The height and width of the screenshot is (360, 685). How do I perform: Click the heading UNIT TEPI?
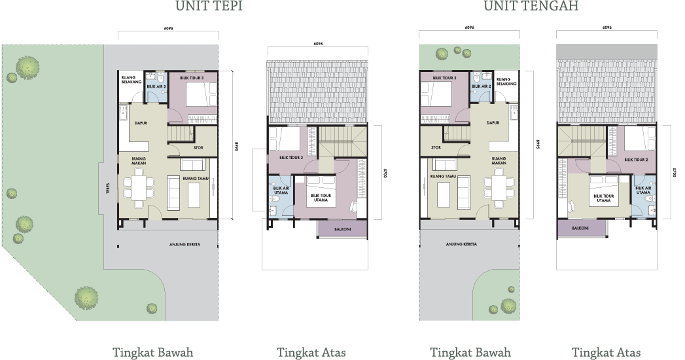click(209, 7)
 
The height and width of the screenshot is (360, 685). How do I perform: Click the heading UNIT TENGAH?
click(531, 7)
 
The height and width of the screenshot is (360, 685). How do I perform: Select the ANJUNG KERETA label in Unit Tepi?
click(184, 244)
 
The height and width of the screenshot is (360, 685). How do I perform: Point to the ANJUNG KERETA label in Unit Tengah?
click(461, 244)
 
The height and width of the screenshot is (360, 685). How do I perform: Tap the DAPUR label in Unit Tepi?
click(140, 122)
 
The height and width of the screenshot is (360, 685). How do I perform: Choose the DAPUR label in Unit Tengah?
click(493, 122)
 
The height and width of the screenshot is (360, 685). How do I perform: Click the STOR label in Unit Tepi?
click(198, 148)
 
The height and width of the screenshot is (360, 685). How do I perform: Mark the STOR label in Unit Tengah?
click(436, 148)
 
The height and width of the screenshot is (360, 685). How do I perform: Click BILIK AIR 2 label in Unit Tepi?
click(156, 86)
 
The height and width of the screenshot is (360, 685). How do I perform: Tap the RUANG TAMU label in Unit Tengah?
click(442, 176)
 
